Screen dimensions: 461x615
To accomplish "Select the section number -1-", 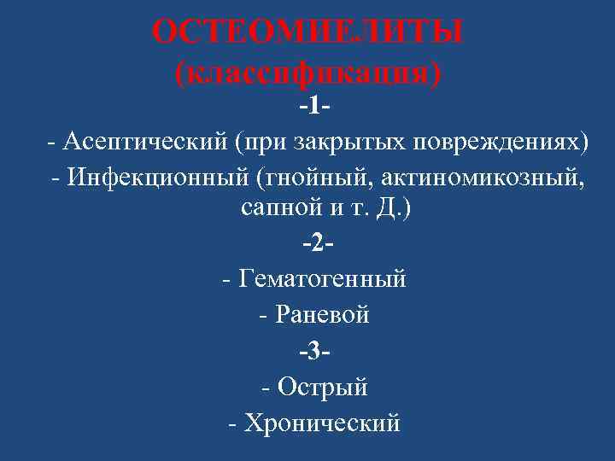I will point(315,107).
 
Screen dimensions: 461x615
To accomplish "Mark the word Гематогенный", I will point(325,279).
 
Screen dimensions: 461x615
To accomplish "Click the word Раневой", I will point(324,315).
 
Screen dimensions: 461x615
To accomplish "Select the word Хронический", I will point(322,422).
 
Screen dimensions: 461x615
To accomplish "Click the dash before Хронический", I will point(234,422).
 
